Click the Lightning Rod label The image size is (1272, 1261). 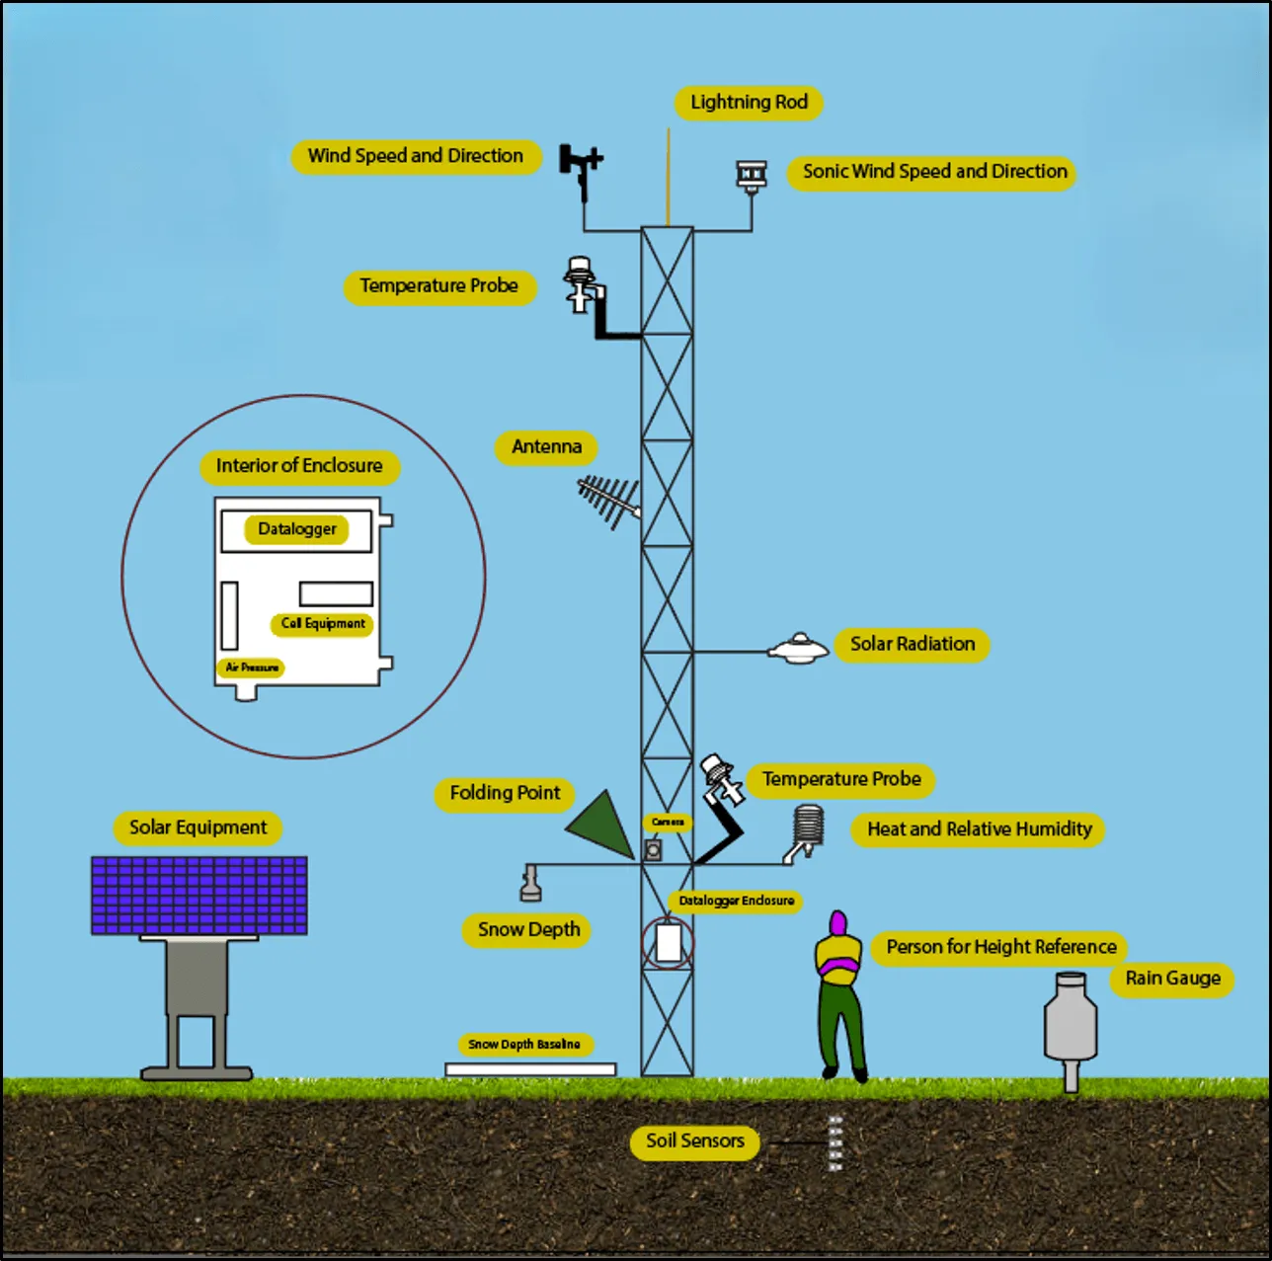point(749,103)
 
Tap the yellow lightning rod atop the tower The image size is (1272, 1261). point(669,178)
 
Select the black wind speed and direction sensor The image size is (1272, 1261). point(580,168)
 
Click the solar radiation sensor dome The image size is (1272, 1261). point(798,649)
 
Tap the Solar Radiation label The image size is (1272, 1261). point(912,645)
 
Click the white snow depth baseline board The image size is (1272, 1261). point(530,1069)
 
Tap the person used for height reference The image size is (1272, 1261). point(839,992)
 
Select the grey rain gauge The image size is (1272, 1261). point(1071,1025)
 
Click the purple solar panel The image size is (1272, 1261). point(199,896)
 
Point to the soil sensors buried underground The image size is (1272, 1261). point(835,1143)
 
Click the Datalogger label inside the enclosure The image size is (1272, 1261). point(296,529)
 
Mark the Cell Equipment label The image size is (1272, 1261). point(322,624)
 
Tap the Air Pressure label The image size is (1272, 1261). point(251,669)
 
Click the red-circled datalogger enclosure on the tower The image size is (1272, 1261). point(669,943)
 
